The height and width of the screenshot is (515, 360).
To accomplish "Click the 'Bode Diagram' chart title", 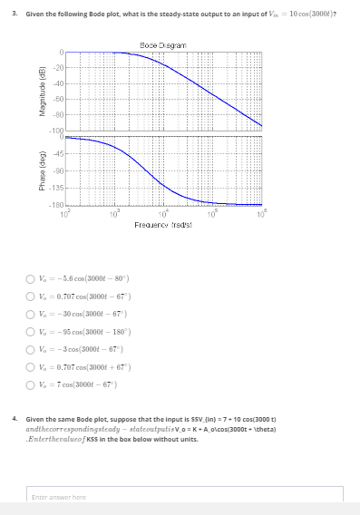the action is click(164, 44).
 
